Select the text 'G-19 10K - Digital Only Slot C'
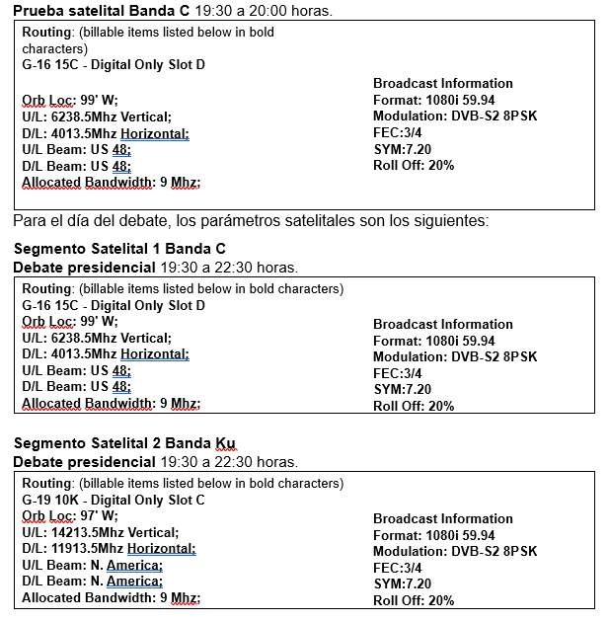[114, 500]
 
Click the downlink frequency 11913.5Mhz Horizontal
[109, 549]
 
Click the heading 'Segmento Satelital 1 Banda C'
[119, 248]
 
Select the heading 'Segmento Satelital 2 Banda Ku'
[124, 442]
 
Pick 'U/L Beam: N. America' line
[92, 565]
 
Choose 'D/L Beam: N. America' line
[92, 582]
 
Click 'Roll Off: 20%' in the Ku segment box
[414, 600]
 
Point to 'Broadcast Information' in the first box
[443, 83]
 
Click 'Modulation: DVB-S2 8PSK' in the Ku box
[455, 551]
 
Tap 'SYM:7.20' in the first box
[402, 148]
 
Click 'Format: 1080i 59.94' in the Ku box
[433, 535]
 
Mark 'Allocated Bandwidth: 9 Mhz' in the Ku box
[111, 597]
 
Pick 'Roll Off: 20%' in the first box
[414, 165]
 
